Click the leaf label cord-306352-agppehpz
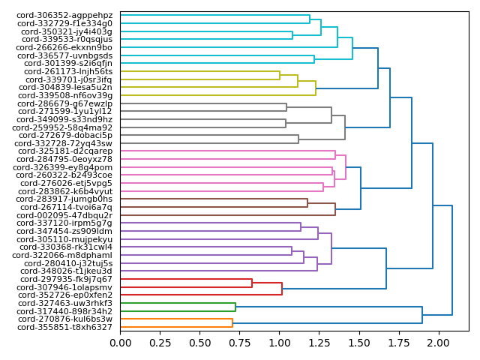[64, 15]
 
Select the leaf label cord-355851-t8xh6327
[64, 327]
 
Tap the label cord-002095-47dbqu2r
[64, 215]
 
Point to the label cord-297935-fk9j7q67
[64, 279]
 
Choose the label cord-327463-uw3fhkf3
[64, 303]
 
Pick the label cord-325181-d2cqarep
[64, 151]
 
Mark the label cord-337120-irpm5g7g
[64, 223]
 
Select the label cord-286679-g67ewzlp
[64, 103]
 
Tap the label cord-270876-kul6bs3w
[64, 319]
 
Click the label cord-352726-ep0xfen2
[64, 295]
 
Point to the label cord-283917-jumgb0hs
[64, 199]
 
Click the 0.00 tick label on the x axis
[120, 343]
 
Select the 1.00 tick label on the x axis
[280, 343]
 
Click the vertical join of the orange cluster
[232, 323]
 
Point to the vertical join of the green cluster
[235, 307]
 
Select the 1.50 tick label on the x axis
[359, 343]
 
